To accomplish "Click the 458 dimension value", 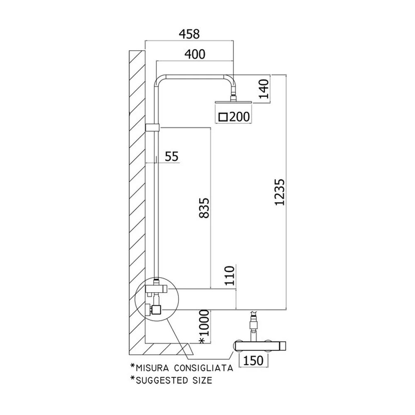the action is click(x=189, y=34).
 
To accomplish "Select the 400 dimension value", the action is click(x=195, y=54).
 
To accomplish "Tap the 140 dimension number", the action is click(x=264, y=89).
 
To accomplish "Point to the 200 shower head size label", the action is click(x=239, y=117).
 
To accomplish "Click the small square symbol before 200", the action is click(x=223, y=117).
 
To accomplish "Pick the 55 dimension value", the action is click(x=171, y=156).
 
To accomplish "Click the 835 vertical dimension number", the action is click(x=204, y=208).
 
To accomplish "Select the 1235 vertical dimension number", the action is click(x=279, y=193).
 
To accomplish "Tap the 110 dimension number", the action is click(x=229, y=276).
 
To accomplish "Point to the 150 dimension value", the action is click(x=253, y=361).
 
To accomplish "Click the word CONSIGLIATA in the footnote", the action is click(x=203, y=368).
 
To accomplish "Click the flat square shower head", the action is click(x=233, y=102).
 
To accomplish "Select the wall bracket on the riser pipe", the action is click(x=153, y=127).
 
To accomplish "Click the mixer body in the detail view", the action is click(x=260, y=346).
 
